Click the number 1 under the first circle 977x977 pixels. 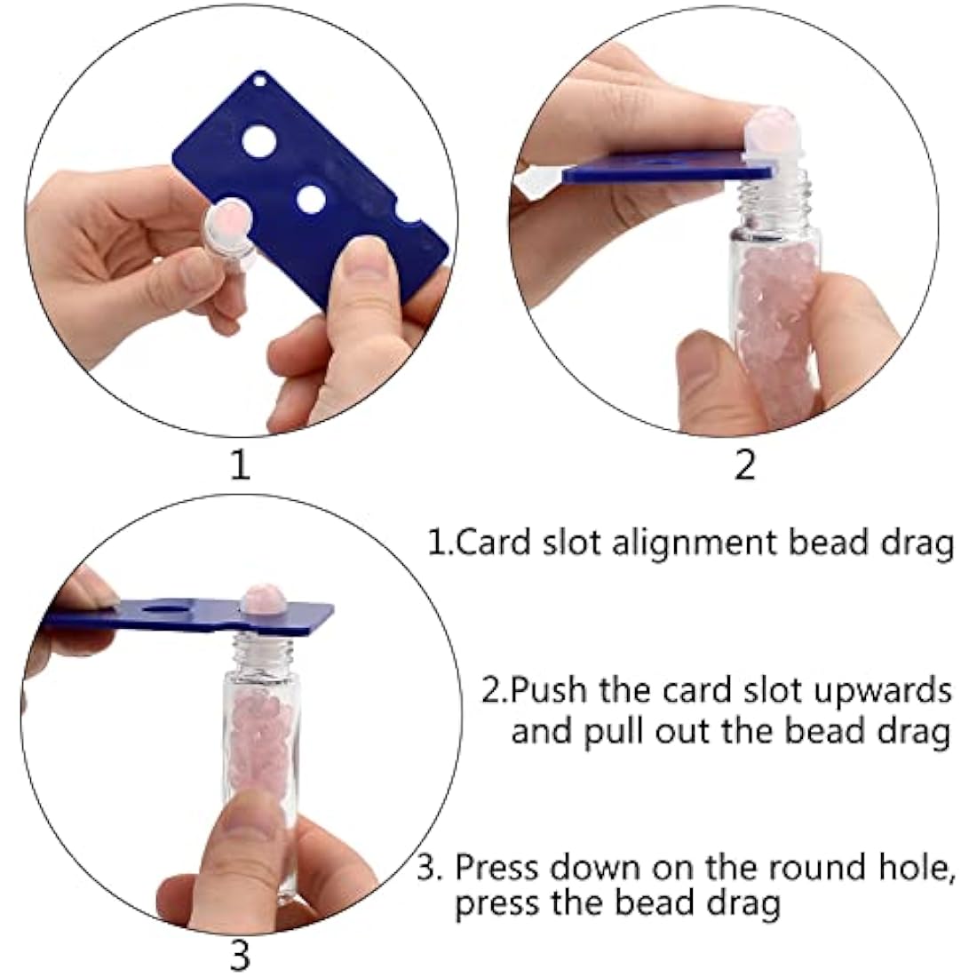pyautogui.click(x=240, y=465)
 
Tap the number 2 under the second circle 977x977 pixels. pyautogui.click(x=744, y=465)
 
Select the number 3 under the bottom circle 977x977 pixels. pyautogui.click(x=240, y=956)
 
